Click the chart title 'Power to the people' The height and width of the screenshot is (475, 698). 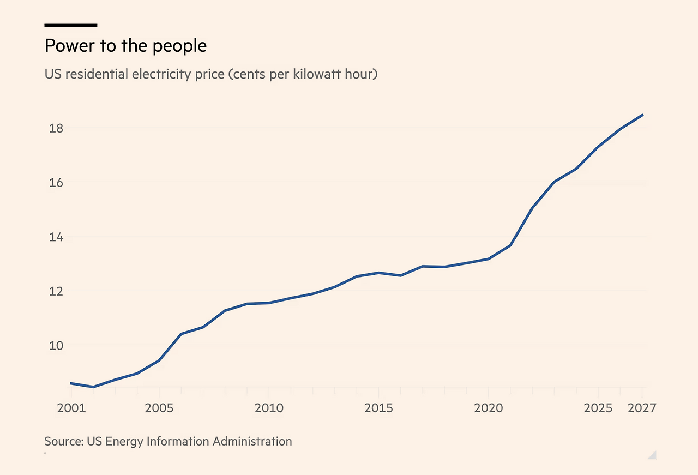pos(125,46)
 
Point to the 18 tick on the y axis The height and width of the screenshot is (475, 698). pos(56,128)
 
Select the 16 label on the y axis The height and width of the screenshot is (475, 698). pos(56,183)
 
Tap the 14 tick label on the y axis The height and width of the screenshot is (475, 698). pos(56,237)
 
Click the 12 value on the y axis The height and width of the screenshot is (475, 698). pos(56,291)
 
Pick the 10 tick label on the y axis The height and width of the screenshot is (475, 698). pos(56,346)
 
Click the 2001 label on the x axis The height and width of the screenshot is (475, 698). pos(71,408)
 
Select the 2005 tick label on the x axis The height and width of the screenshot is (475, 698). pos(159,408)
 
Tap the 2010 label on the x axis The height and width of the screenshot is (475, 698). pos(268,408)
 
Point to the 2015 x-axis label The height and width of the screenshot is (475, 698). pos(378,408)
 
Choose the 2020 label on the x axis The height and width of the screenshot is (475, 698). pos(488,408)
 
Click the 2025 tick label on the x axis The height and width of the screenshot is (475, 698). pos(598,408)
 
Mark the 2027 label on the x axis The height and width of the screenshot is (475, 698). pos(642,408)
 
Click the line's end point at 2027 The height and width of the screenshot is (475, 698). pos(642,115)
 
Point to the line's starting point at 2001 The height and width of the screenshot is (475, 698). pos(71,383)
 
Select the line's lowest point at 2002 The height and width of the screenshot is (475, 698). pos(93,387)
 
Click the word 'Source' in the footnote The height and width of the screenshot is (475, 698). pos(63,441)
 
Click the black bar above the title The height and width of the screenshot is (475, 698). pos(71,25)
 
